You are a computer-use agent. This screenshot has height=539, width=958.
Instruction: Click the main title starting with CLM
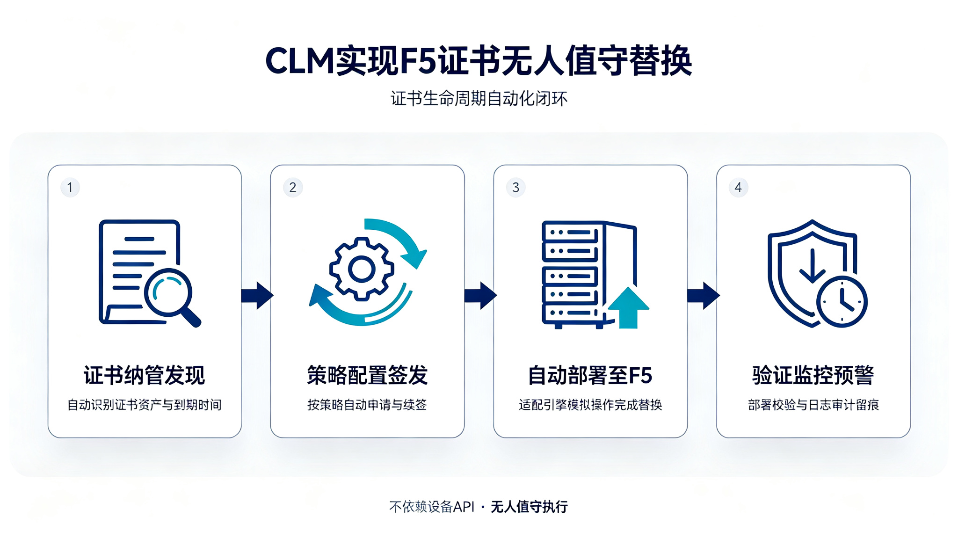[x=479, y=61]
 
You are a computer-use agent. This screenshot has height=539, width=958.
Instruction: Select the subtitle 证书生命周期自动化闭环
[x=479, y=99]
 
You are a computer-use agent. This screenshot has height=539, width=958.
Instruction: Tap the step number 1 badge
[x=70, y=188]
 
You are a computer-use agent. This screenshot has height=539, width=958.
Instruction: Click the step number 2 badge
[x=293, y=188]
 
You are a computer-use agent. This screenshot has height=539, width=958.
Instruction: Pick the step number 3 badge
[x=515, y=188]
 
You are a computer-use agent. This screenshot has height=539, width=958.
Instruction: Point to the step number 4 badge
[x=738, y=188]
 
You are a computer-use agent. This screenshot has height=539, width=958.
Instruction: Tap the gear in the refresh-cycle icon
[x=362, y=269]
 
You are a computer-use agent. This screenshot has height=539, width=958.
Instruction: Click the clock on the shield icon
[x=842, y=302]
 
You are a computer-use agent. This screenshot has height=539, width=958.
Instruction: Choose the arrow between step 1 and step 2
[x=257, y=296]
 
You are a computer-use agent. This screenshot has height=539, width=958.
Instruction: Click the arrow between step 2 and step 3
[x=480, y=296]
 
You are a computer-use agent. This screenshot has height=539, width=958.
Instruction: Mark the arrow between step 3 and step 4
[x=703, y=296]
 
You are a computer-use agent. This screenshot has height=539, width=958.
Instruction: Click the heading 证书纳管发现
[x=145, y=375]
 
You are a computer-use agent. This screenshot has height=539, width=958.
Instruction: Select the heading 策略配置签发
[x=368, y=375]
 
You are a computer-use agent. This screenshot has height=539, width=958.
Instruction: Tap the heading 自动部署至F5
[x=590, y=375]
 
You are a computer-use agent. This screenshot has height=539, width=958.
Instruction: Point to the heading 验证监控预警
[x=813, y=375]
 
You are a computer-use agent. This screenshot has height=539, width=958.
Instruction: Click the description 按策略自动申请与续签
[x=367, y=405]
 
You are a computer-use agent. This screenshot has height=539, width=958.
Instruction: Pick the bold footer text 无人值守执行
[x=529, y=507]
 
